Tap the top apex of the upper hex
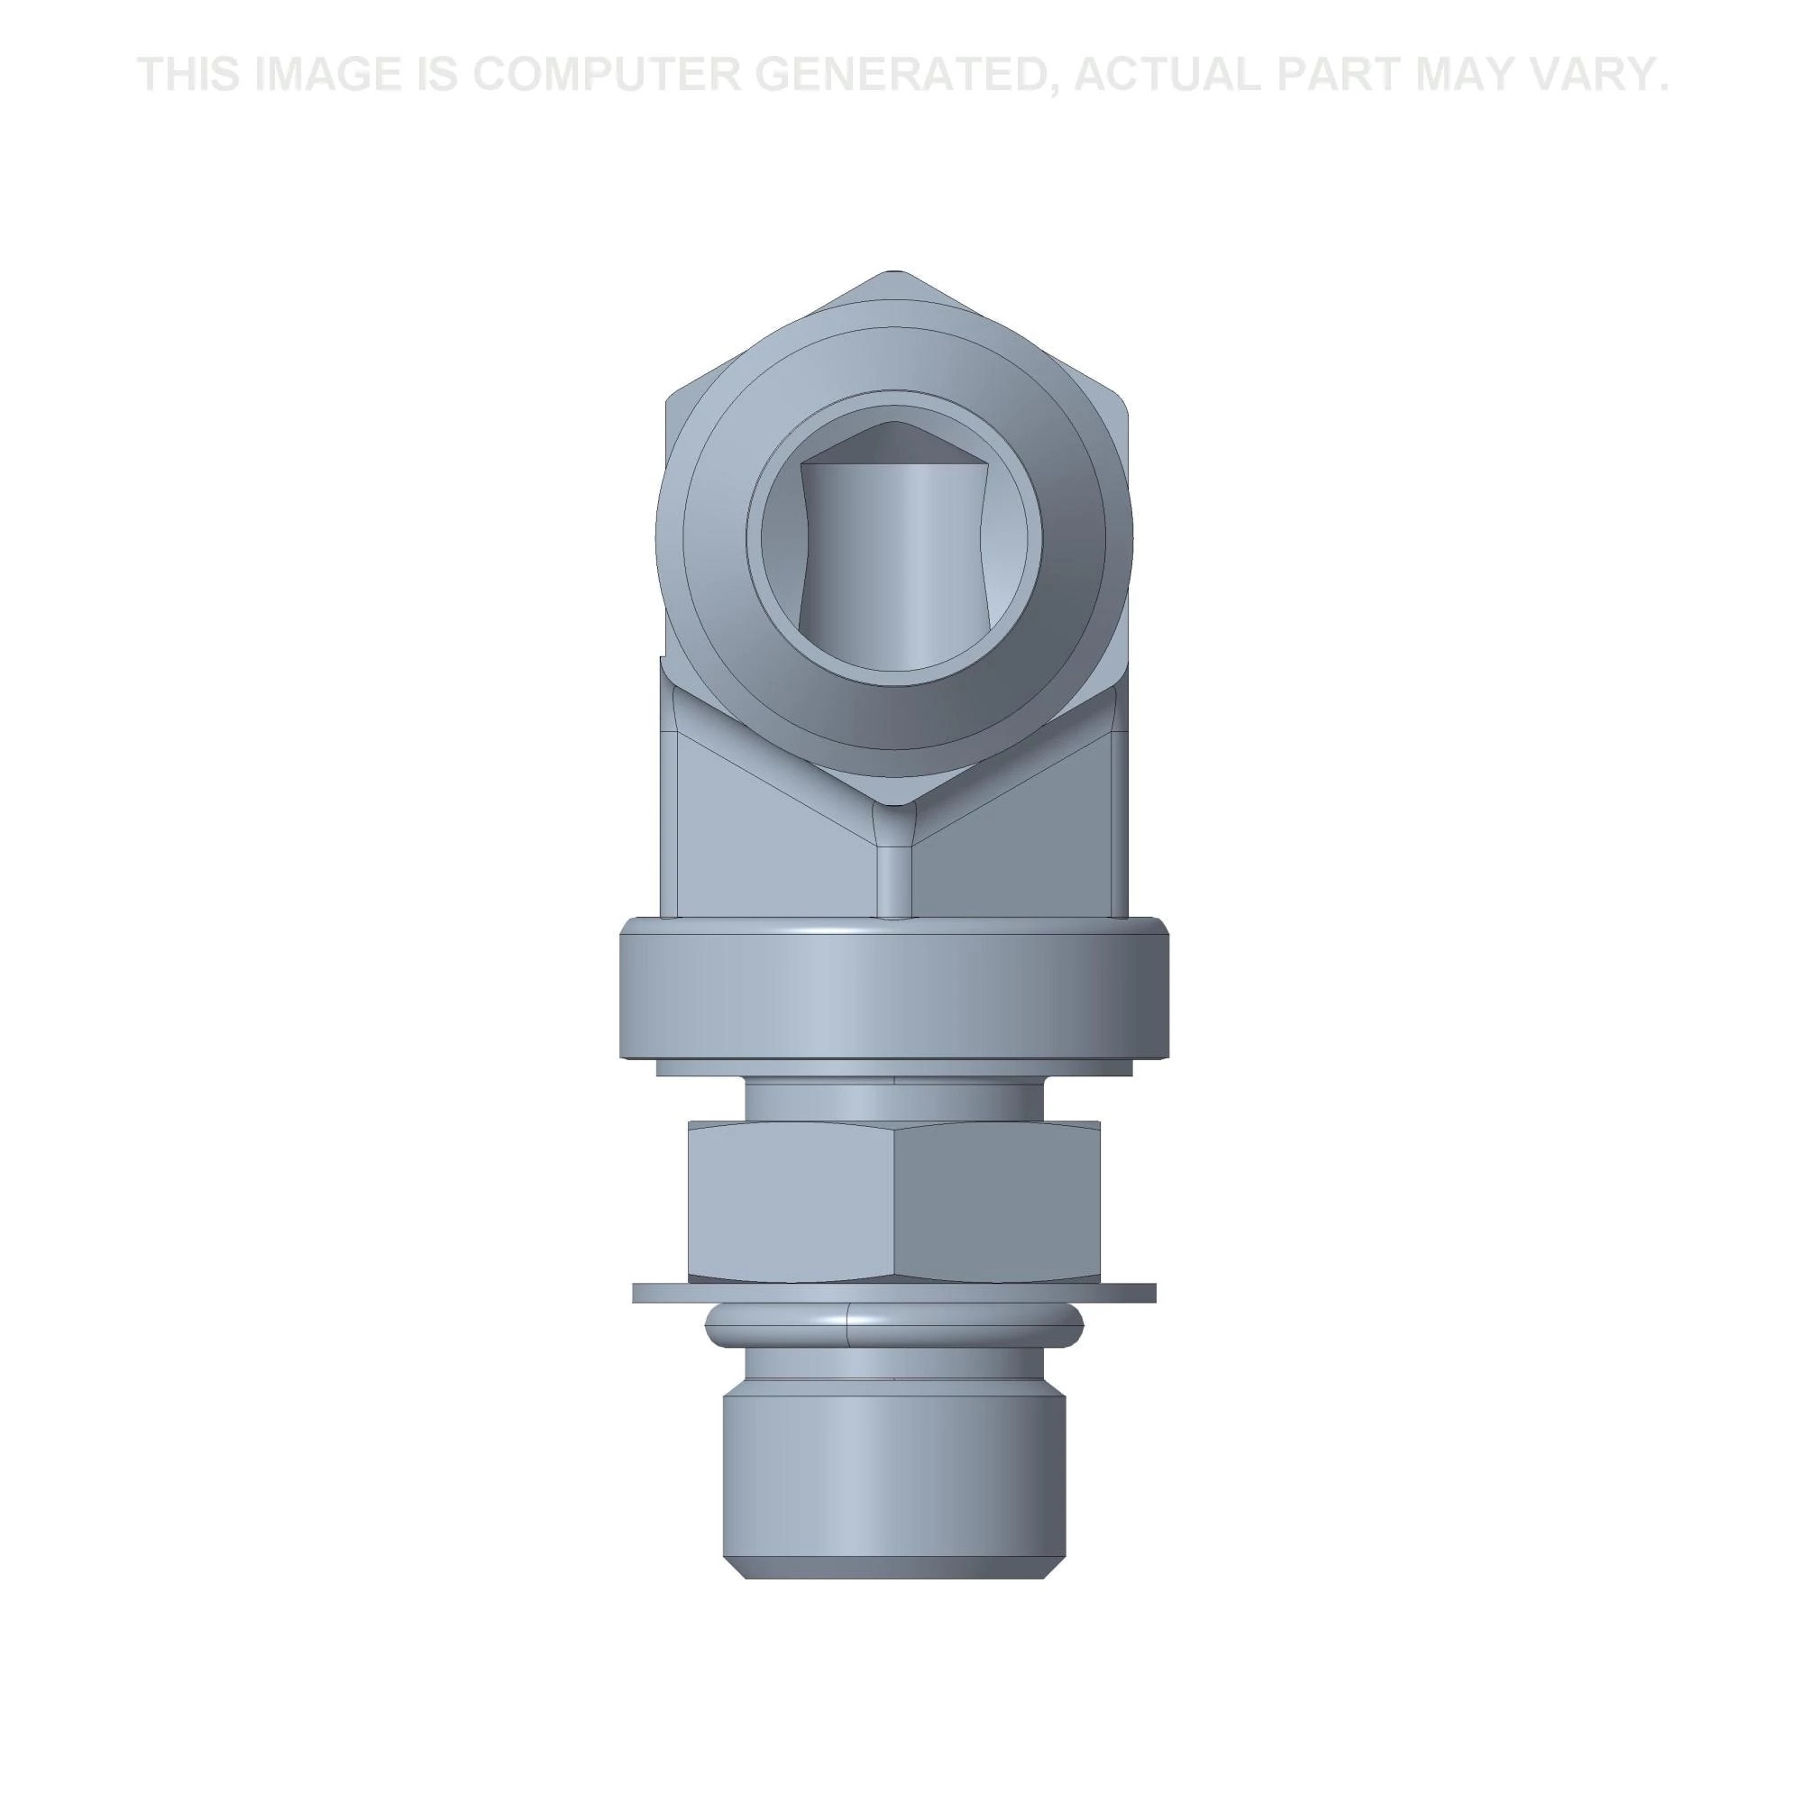894,273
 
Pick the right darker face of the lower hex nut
997,1201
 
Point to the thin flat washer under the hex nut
894,1293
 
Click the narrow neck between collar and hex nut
894,1099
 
